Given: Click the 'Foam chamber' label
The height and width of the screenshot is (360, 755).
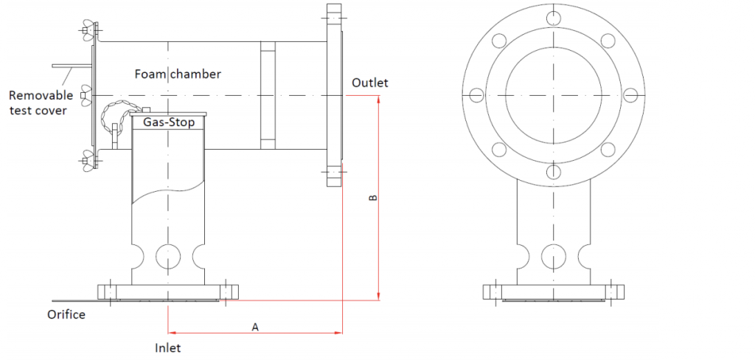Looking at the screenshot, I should coord(178,74).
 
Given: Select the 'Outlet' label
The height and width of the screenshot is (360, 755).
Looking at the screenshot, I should coord(369,83).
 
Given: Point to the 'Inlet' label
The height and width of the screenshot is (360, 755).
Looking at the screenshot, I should coord(167,347).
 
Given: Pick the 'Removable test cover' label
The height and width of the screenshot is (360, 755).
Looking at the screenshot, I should coord(41,103).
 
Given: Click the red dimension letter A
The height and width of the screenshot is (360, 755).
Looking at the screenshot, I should coord(255,325).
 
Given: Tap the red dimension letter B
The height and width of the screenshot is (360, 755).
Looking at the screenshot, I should coord(372,198).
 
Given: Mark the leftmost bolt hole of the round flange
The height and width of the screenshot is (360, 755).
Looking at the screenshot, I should coord(476,95).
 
